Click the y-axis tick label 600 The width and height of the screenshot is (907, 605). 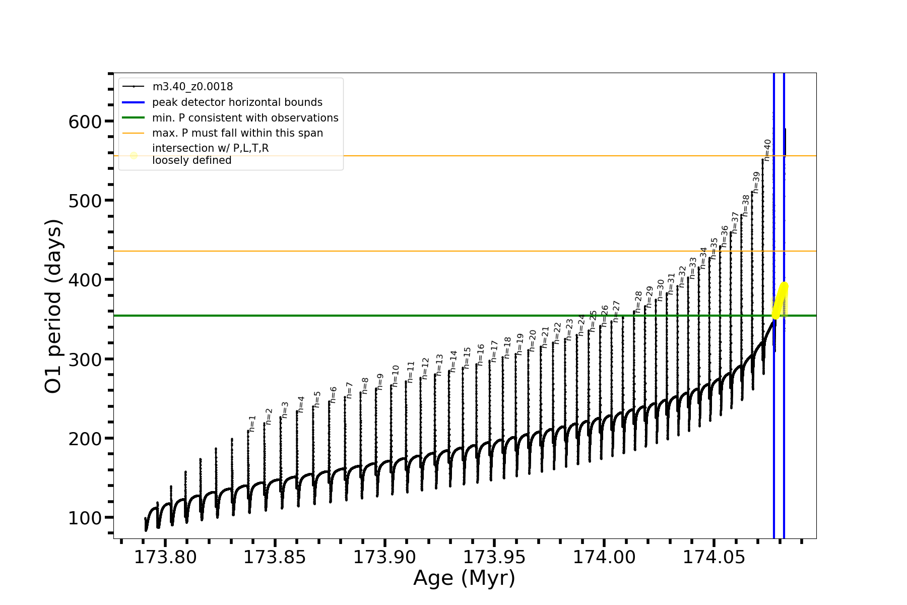(x=85, y=122)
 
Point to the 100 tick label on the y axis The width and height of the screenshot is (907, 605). (x=85, y=518)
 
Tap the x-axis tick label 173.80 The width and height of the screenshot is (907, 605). (x=165, y=557)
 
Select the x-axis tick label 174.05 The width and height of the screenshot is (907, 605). (x=714, y=557)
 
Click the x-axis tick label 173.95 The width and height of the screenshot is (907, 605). (x=494, y=557)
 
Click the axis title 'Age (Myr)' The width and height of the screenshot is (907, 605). (x=464, y=578)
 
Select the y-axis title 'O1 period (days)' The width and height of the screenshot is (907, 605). (x=53, y=306)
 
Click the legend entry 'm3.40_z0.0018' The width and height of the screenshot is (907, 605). (x=192, y=87)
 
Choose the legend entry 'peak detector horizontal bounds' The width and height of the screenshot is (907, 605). (x=237, y=102)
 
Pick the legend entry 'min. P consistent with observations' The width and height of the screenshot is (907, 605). (x=245, y=118)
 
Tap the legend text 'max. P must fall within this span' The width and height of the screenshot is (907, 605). (x=237, y=133)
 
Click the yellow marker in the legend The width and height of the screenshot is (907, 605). (x=134, y=155)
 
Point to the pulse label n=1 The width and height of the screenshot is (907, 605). (x=252, y=423)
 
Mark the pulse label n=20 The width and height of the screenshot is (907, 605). (x=533, y=340)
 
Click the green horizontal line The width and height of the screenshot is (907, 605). (x=403, y=316)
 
